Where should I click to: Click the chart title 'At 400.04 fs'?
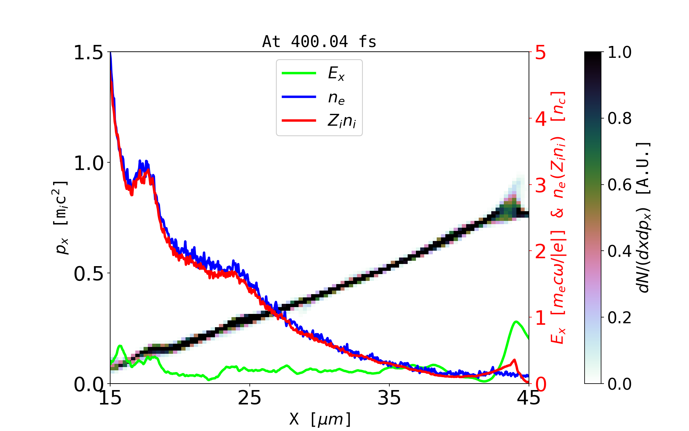pyautogui.click(x=319, y=42)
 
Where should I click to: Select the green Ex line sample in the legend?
pyautogui.click(x=299, y=73)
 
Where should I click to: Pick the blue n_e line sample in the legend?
pyautogui.click(x=299, y=97)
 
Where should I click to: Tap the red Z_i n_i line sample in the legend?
pyautogui.click(x=299, y=121)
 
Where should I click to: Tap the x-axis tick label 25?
pyautogui.click(x=250, y=398)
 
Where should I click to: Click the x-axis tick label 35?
pyautogui.click(x=389, y=398)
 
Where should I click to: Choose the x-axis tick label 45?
pyautogui.click(x=529, y=398)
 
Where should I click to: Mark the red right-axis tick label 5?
pyautogui.click(x=541, y=53)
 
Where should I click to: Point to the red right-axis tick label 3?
pyautogui.click(x=541, y=185)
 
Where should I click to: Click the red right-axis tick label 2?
pyautogui.click(x=541, y=252)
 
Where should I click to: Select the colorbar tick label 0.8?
pyautogui.click(x=619, y=119)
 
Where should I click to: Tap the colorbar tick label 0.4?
pyautogui.click(x=619, y=251)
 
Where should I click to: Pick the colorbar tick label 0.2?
pyautogui.click(x=619, y=318)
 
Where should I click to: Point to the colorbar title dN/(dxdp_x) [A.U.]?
pyautogui.click(x=644, y=218)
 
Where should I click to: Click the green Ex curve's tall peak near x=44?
pyautogui.click(x=516, y=321)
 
